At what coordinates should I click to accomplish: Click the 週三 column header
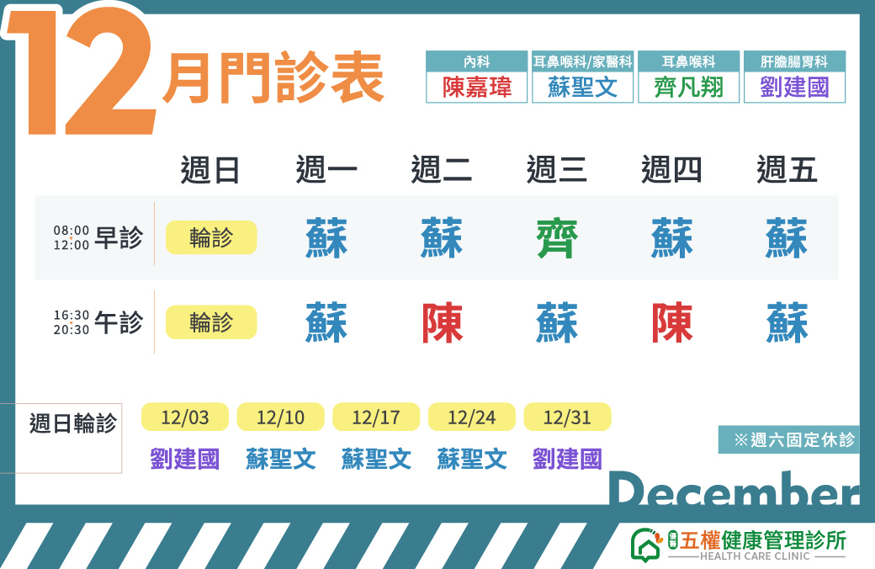click(556, 170)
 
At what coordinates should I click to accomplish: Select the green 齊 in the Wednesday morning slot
click(557, 238)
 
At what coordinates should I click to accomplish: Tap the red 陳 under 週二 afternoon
click(442, 322)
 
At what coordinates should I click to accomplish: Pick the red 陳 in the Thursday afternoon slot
click(672, 322)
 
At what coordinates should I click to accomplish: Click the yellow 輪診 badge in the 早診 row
click(211, 237)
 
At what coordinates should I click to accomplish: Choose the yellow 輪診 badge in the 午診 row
click(211, 322)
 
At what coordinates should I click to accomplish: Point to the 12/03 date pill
click(185, 417)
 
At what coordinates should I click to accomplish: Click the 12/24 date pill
click(471, 417)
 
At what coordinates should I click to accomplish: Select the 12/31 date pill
click(568, 417)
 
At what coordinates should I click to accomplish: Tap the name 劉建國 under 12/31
click(568, 459)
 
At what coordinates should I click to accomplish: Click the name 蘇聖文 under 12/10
click(281, 459)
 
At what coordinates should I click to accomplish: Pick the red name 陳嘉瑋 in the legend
click(476, 88)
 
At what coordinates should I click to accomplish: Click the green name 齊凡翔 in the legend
click(688, 88)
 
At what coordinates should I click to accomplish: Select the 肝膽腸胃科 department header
click(794, 61)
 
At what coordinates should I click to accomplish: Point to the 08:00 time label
click(72, 230)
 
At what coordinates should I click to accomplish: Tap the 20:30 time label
click(72, 329)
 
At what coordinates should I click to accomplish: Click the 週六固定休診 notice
click(794, 439)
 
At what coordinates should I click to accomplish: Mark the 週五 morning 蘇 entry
click(787, 238)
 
